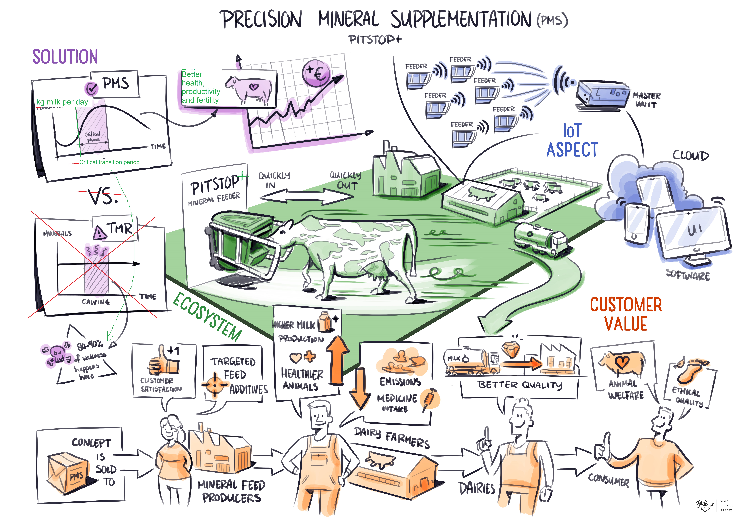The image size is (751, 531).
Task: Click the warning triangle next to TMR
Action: click(x=99, y=233)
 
